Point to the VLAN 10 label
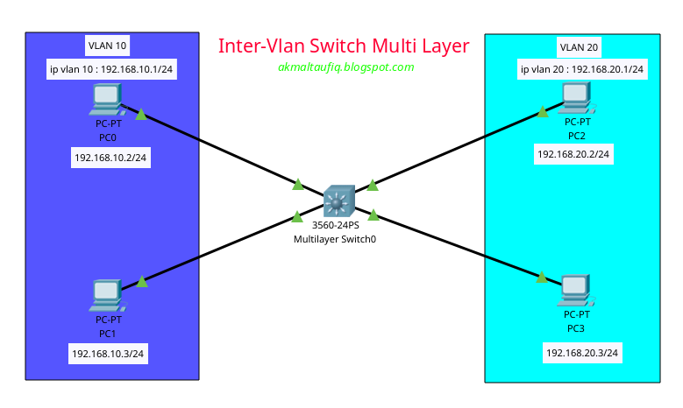tap(109, 45)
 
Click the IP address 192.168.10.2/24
tap(110, 158)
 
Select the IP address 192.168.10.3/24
tap(108, 354)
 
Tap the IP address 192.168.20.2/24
tap(573, 154)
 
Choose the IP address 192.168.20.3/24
tap(582, 353)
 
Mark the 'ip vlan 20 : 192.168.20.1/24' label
tap(581, 69)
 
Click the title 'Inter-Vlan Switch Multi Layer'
tap(344, 46)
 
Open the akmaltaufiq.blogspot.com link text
tap(345, 67)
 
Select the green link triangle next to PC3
tap(542, 278)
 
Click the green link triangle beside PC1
tap(141, 280)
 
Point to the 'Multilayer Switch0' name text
tap(335, 239)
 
